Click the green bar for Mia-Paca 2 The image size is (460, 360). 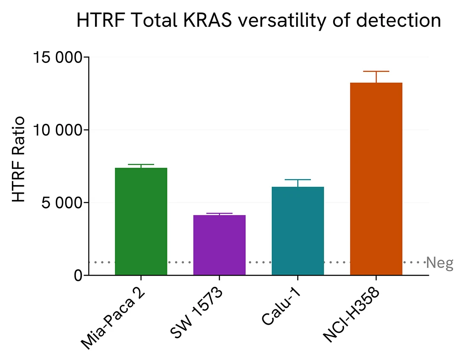point(141,221)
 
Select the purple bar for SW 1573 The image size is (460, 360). point(219,245)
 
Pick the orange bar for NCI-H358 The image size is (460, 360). point(376,179)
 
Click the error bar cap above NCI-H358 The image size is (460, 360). point(376,71)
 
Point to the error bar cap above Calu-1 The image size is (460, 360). point(298,180)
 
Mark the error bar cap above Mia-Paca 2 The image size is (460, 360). point(141,165)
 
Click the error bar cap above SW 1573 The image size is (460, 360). point(219,213)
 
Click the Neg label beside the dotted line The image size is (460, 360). point(440,263)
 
